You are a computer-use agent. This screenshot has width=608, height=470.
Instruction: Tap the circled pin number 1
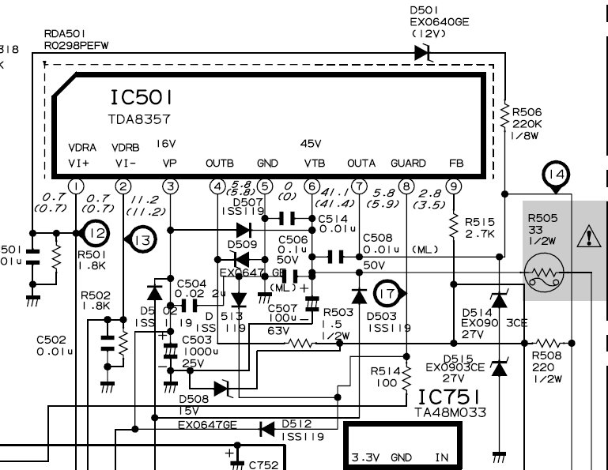pyautogui.click(x=76, y=186)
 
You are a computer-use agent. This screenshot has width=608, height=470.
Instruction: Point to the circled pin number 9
pyautogui.click(x=453, y=186)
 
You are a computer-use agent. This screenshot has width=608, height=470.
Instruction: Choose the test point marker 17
pyautogui.click(x=389, y=293)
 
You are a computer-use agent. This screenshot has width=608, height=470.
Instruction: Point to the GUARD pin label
pyautogui.click(x=408, y=164)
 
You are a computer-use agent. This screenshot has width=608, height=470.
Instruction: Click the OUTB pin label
pyautogui.click(x=220, y=164)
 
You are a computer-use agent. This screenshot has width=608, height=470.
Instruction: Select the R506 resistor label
pyautogui.click(x=527, y=113)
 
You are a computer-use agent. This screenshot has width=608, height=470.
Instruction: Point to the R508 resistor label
pyautogui.click(x=550, y=356)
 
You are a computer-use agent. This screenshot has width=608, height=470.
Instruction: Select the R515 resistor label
pyautogui.click(x=481, y=224)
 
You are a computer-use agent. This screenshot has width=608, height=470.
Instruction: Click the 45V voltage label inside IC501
pyautogui.click(x=312, y=144)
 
